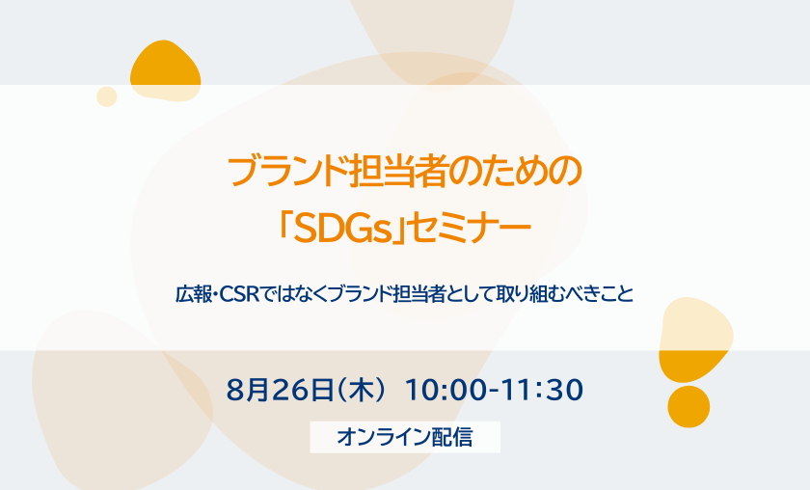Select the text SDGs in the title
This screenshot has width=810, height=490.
342,229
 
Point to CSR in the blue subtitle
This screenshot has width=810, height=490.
239,294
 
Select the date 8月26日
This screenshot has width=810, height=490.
280,390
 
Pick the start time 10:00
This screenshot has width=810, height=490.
445,390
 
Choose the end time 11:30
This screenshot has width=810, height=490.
543,390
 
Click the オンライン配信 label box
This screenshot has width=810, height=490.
405,437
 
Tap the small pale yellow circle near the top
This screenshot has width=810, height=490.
107,96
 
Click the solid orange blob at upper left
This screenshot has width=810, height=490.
165,70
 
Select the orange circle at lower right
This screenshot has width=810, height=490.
688,407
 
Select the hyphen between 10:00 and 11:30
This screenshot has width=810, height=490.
495,391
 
